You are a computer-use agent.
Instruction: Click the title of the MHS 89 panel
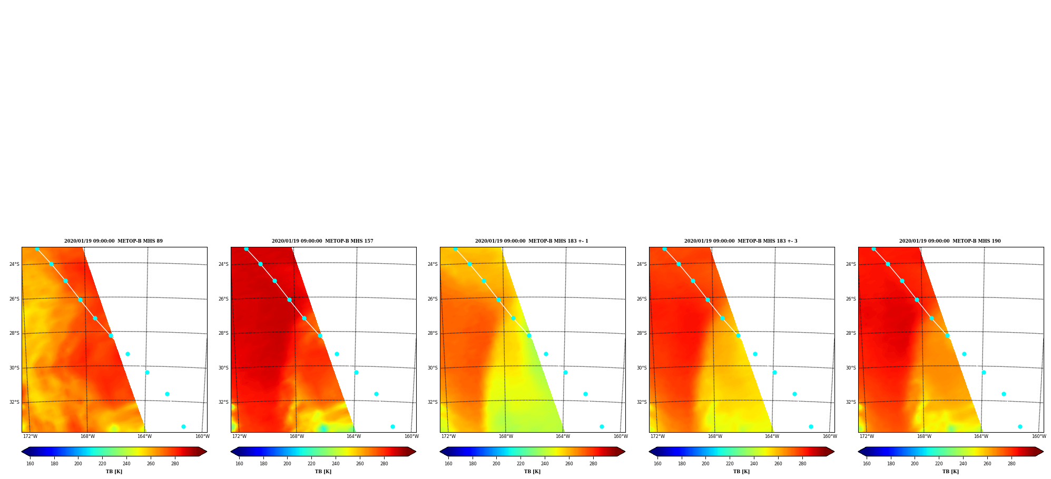113,241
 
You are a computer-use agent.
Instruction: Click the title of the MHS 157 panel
322,241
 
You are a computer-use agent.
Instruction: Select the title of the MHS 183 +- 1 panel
532,241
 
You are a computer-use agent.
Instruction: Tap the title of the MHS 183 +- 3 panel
741,241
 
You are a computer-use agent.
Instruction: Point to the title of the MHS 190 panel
950,241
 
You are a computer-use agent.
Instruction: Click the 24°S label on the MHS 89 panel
14,264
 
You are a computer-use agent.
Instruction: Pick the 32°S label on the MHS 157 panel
223,402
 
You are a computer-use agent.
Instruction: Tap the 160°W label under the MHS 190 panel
1039,436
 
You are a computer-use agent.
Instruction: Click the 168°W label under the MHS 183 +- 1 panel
506,436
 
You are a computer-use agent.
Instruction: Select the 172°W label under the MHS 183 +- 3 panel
657,436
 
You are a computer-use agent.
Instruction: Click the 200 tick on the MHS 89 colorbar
78,464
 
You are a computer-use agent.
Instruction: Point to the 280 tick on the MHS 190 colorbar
1011,464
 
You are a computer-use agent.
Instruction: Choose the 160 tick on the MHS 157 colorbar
239,464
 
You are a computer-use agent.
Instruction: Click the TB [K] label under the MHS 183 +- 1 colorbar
532,472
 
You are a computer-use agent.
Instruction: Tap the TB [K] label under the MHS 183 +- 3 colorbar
741,472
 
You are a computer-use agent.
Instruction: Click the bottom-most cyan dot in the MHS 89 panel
183,427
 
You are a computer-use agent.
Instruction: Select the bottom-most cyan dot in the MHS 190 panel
1020,427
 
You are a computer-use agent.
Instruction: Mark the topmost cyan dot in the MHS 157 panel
246,249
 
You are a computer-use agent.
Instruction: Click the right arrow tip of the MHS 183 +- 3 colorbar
834,452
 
